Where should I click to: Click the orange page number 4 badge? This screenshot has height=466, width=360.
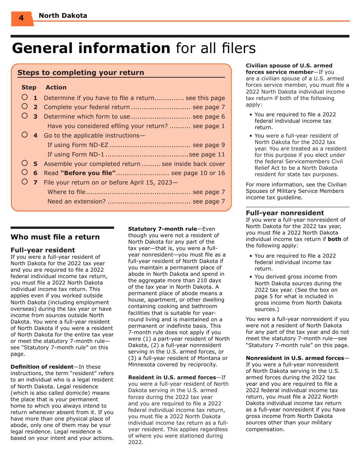click(21, 18)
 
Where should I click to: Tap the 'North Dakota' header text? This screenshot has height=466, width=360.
click(63, 16)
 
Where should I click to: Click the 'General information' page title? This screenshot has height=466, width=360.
click(91, 48)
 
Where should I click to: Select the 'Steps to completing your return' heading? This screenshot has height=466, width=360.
click(81, 72)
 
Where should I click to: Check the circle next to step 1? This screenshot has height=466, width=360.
click(25, 97)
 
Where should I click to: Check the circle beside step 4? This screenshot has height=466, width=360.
click(25, 134)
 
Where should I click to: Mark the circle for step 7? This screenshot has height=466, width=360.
click(25, 182)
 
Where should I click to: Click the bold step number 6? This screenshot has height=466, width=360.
click(35, 173)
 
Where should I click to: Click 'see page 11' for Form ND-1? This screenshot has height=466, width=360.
click(207, 154)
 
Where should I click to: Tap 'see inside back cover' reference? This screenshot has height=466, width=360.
click(193, 164)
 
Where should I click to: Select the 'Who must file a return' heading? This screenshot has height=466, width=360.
click(55, 237)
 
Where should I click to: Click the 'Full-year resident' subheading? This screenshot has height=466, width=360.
click(43, 250)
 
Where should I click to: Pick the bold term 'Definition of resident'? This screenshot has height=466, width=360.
click(42, 367)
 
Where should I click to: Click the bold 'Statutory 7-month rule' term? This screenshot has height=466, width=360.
click(162, 229)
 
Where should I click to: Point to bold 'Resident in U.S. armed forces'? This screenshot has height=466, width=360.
click(172, 377)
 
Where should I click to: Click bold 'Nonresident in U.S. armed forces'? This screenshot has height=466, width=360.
click(295, 358)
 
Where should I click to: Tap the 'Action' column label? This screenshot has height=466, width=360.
click(56, 88)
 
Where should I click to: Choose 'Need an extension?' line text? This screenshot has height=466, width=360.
click(76, 201)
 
